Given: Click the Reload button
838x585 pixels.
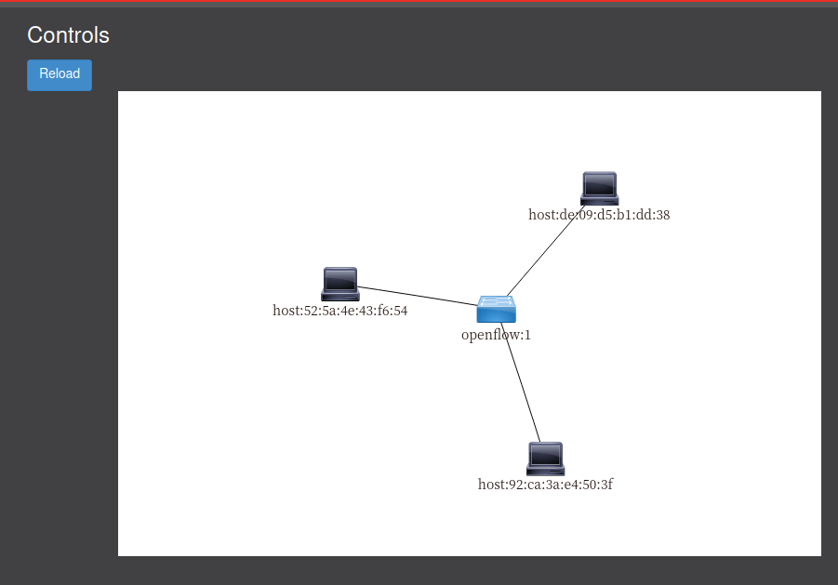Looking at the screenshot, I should pos(60,74).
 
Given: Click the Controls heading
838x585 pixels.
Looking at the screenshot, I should pos(68,35).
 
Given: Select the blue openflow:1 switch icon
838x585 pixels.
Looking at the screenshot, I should pos(496,309).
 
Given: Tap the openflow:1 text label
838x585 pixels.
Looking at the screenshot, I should pos(496,335).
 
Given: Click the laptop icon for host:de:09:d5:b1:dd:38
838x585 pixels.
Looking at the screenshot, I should pos(599,188).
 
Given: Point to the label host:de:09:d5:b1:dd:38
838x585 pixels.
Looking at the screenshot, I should pos(599,215).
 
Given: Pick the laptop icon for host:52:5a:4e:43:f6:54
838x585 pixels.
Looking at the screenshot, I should pos(339,284).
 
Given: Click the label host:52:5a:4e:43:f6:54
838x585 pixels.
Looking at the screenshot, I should pos(339,311).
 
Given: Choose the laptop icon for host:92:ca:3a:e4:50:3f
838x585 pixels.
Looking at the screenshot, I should pos(545,459).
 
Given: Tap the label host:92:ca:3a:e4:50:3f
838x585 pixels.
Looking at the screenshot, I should pos(545,485).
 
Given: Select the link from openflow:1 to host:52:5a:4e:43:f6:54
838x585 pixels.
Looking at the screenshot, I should pos(419,297).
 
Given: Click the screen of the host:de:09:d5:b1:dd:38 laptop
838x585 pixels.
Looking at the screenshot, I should pos(599,183).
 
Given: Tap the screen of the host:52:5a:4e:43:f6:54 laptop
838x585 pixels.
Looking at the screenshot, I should pos(339,279).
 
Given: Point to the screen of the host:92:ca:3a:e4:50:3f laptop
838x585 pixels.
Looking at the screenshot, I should pos(545,454).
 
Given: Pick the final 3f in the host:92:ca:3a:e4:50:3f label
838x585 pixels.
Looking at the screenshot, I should pos(605,485).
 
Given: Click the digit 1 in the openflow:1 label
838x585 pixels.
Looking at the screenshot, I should pos(527,335).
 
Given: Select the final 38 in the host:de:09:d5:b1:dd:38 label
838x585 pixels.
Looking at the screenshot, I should pos(662,215).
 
